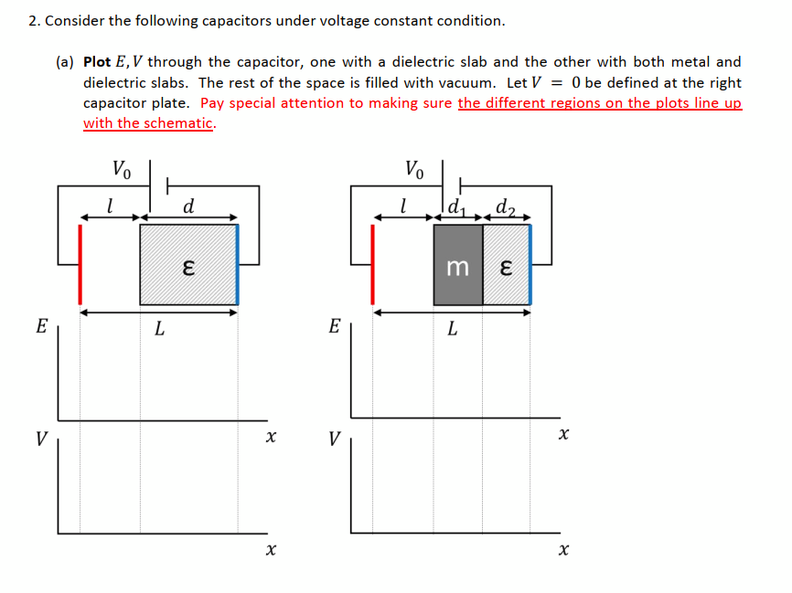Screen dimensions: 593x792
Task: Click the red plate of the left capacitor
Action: [x=80, y=264]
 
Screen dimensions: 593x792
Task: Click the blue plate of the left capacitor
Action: [x=238, y=264]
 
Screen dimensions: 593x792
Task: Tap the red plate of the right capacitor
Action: [x=373, y=264]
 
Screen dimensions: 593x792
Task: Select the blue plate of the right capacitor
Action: [x=530, y=264]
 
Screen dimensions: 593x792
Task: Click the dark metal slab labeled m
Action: [x=458, y=266]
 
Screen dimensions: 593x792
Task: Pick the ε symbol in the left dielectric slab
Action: [x=187, y=267]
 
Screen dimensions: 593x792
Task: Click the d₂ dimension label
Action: [x=504, y=206]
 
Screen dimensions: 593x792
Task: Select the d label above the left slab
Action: [x=188, y=206]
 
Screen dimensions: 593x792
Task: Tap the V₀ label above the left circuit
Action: [x=122, y=169]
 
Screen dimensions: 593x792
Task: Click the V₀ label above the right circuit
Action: [x=414, y=169]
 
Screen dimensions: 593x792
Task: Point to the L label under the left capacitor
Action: [x=159, y=330]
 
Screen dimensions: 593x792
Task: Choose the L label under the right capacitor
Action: [x=452, y=330]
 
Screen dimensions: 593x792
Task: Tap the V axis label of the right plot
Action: [x=334, y=439]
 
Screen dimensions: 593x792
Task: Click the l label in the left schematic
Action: [x=110, y=206]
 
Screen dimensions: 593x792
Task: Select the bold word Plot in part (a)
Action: [x=97, y=62]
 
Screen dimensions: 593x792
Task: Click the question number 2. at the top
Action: [x=34, y=20]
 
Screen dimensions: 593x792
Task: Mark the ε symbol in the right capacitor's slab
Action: [x=505, y=267]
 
